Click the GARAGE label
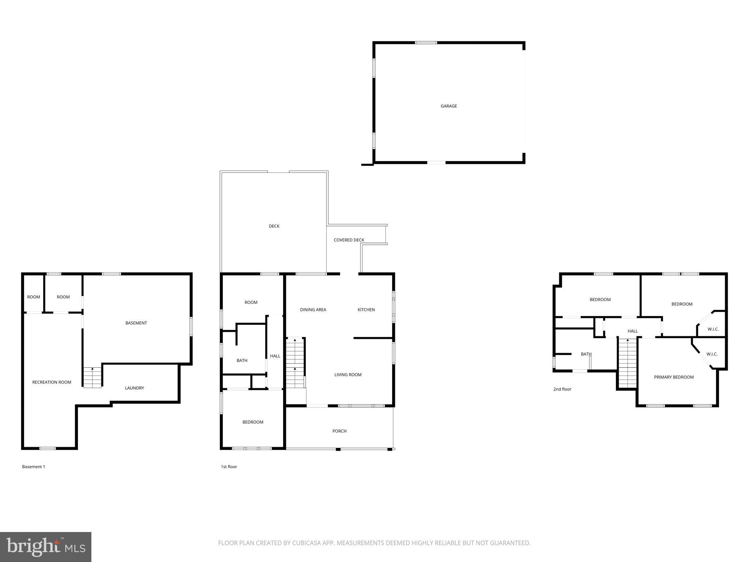(x=448, y=106)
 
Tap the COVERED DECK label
(x=349, y=240)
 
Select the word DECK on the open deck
(x=274, y=226)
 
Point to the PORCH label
(x=339, y=431)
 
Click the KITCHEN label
(x=366, y=310)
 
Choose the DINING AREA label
(x=313, y=310)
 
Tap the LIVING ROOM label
(x=347, y=375)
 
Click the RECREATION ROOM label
(x=52, y=382)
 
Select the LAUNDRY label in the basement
(x=134, y=388)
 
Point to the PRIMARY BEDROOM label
(x=673, y=377)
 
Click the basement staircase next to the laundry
(x=92, y=378)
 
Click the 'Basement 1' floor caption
(x=34, y=467)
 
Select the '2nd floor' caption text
(x=562, y=389)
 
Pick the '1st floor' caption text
(x=229, y=467)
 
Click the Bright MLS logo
(x=45, y=547)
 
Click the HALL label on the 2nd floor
(x=632, y=331)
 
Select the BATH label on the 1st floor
(x=242, y=360)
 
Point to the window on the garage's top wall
(x=426, y=43)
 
